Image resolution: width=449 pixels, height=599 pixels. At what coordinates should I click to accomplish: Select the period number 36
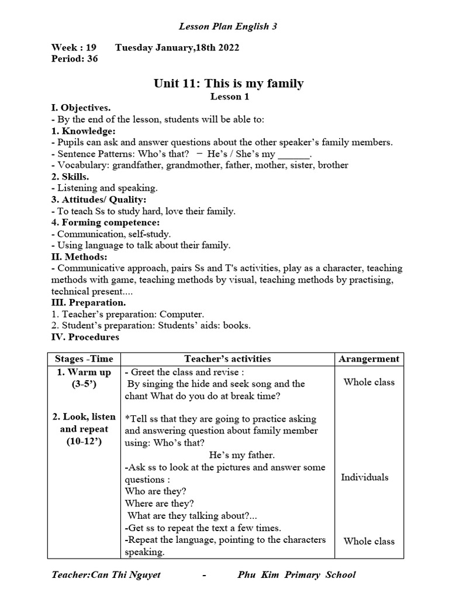click(91, 58)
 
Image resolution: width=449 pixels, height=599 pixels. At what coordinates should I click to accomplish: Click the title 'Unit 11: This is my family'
click(229, 83)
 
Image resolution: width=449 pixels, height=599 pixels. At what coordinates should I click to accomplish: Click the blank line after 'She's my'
click(293, 154)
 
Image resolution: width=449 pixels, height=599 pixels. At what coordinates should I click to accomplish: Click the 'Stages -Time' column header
click(84, 359)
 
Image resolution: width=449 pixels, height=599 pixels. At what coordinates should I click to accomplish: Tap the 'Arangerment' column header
click(369, 359)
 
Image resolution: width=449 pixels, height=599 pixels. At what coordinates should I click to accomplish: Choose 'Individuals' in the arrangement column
click(365, 477)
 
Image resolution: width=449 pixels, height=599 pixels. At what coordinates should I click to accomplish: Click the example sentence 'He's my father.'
click(241, 455)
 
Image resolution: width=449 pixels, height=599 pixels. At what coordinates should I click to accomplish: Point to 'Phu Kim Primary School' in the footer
click(296, 574)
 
